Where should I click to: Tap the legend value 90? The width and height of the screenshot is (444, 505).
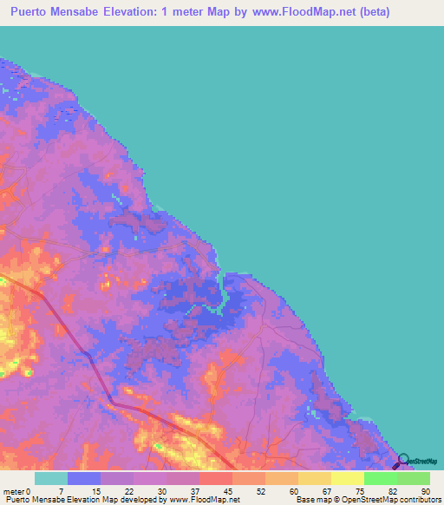click(x=425, y=489)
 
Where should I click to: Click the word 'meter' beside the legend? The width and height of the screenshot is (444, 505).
click(x=14, y=489)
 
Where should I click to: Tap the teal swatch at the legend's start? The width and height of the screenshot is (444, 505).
click(x=50, y=478)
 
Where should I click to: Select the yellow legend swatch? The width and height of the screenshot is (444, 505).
click(x=347, y=478)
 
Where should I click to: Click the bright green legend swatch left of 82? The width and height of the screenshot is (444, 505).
click(x=380, y=478)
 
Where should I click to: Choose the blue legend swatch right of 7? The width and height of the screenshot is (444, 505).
click(x=83, y=478)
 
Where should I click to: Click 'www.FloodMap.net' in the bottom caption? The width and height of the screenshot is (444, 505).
click(x=205, y=499)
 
